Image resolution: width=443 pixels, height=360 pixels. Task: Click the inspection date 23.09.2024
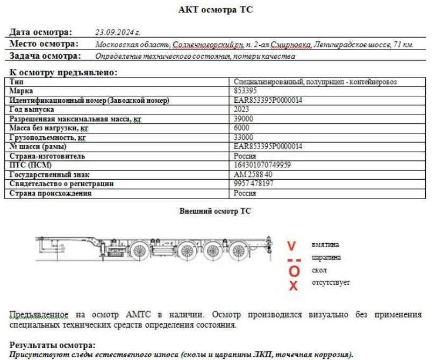117,32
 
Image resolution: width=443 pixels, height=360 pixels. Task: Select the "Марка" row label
22,91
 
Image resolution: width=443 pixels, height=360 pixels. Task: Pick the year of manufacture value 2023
241,109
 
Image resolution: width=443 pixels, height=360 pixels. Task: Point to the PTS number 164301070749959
262,165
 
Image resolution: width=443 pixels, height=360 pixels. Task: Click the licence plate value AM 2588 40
253,174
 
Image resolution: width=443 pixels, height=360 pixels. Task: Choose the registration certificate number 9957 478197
254,183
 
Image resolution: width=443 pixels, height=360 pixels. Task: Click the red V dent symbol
291,246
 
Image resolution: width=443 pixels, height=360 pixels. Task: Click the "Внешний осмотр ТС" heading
215,211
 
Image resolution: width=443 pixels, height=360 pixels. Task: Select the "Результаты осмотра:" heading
53,344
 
